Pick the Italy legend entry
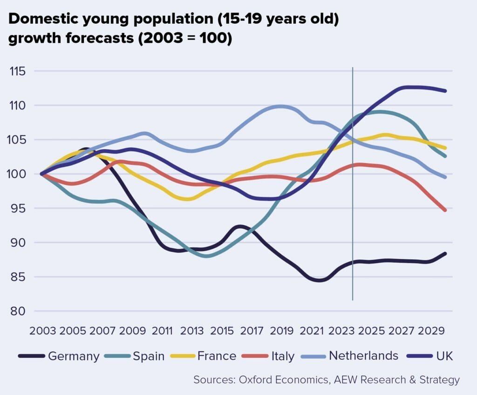tap(282, 356)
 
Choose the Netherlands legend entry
tap(363, 356)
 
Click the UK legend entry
tap(444, 356)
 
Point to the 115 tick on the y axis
tap(18, 72)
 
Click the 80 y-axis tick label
tap(18, 311)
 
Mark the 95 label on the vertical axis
tap(18, 208)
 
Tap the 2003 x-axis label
tap(43, 331)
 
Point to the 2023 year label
tap(341, 331)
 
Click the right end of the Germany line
tap(445, 254)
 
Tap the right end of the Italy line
tap(445, 210)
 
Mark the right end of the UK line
tap(445, 91)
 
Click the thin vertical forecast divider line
tap(353, 186)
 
